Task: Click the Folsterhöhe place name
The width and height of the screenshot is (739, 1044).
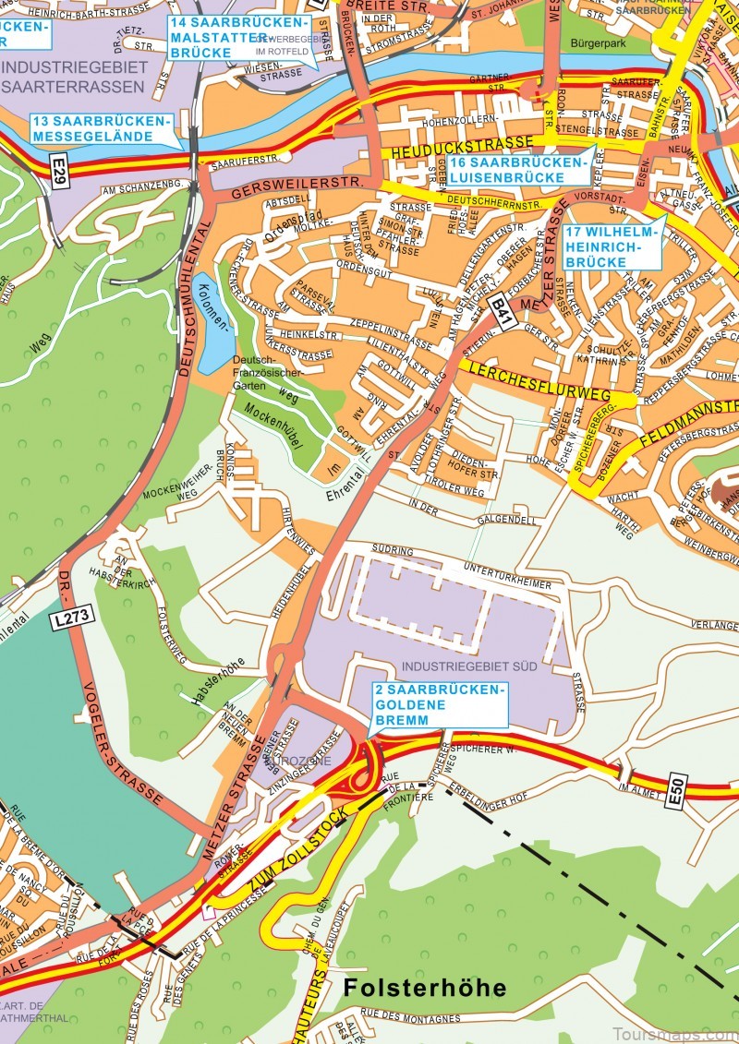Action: pyautogui.click(x=425, y=988)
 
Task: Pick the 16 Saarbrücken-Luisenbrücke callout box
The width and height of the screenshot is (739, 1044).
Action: pyautogui.click(x=510, y=170)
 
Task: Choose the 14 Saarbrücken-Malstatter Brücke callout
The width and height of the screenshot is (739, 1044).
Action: pyautogui.click(x=238, y=37)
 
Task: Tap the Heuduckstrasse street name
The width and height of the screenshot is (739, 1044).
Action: pyautogui.click(x=462, y=146)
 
